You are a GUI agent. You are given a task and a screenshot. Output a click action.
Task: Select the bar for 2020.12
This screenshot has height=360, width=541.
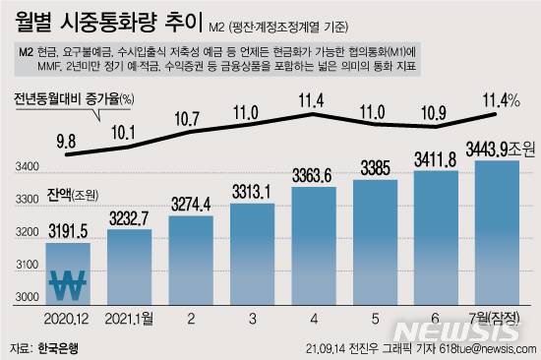point(69,275)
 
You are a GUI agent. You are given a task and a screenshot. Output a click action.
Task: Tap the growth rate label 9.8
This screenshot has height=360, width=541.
point(67,141)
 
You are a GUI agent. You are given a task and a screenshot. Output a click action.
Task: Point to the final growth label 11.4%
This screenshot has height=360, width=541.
point(497,99)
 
